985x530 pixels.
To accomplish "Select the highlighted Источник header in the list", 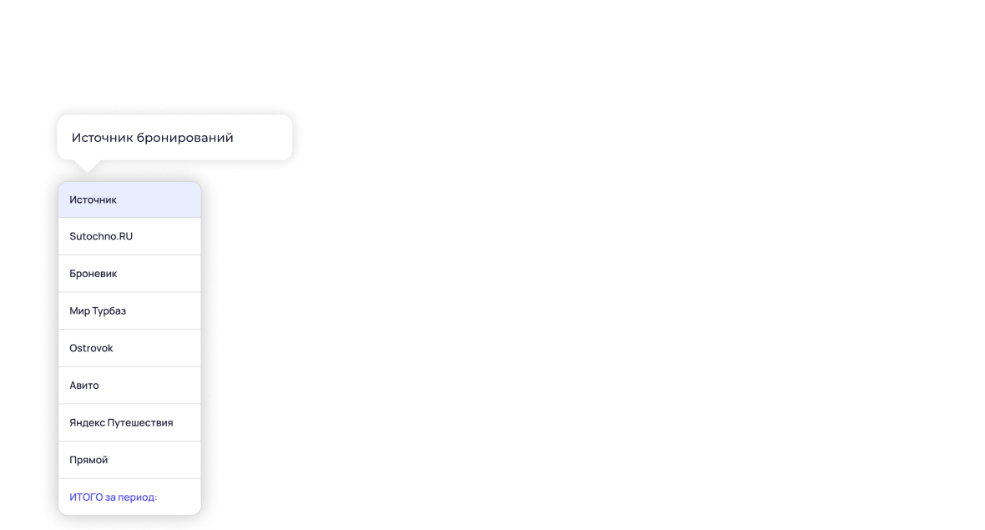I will [x=93, y=199].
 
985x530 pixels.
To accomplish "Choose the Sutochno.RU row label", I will [x=101, y=236].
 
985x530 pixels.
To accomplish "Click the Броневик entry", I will [x=93, y=274].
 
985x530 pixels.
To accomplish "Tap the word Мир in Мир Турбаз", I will [x=79, y=310].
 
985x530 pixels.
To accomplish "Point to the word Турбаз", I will [x=109, y=310].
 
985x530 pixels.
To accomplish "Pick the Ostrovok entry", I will [x=91, y=348].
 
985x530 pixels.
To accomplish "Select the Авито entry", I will [x=84, y=386].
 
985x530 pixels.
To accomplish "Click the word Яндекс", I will [x=88, y=422].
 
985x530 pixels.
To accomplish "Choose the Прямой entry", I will [x=88, y=460].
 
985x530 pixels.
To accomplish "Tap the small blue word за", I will [x=111, y=497].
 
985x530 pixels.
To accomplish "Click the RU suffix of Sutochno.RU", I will [x=125, y=236].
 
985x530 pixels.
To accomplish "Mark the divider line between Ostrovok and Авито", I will [x=129, y=366].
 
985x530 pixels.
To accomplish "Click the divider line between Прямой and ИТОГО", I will [x=129, y=478].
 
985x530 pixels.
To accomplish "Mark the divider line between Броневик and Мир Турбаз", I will [x=129, y=292].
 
